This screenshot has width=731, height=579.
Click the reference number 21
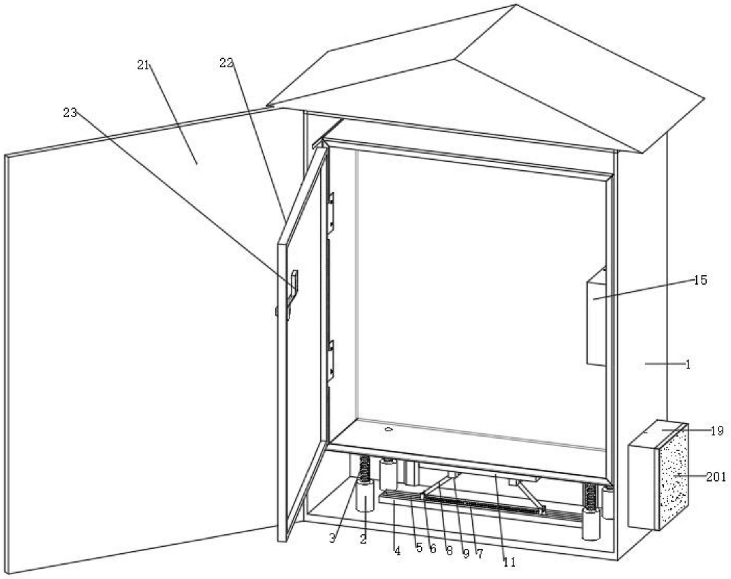coord(143,65)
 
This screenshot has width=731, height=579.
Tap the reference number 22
coord(226,63)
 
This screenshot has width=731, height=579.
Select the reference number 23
coord(70,113)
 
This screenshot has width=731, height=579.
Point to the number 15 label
coord(700,280)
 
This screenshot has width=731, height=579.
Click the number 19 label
coord(717,431)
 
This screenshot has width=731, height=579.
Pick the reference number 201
coord(716,477)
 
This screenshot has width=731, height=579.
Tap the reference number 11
coord(509,563)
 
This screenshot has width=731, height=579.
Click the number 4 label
coord(397,551)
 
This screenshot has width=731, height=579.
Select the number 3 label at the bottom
coord(332,539)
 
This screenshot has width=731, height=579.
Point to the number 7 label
coord(479,554)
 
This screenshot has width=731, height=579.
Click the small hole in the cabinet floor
coord(388,429)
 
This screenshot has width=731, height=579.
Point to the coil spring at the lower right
coord(590,497)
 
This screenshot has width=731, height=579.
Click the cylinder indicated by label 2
coord(365,497)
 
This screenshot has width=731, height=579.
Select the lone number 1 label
coord(688,364)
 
